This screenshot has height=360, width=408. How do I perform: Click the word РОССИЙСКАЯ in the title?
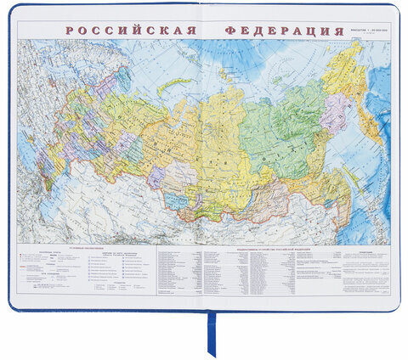[x=128, y=32]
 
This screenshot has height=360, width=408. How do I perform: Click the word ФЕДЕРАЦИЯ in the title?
[x=278, y=32]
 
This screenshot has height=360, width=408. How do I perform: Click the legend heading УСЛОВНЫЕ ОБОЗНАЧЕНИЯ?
[x=42, y=249]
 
